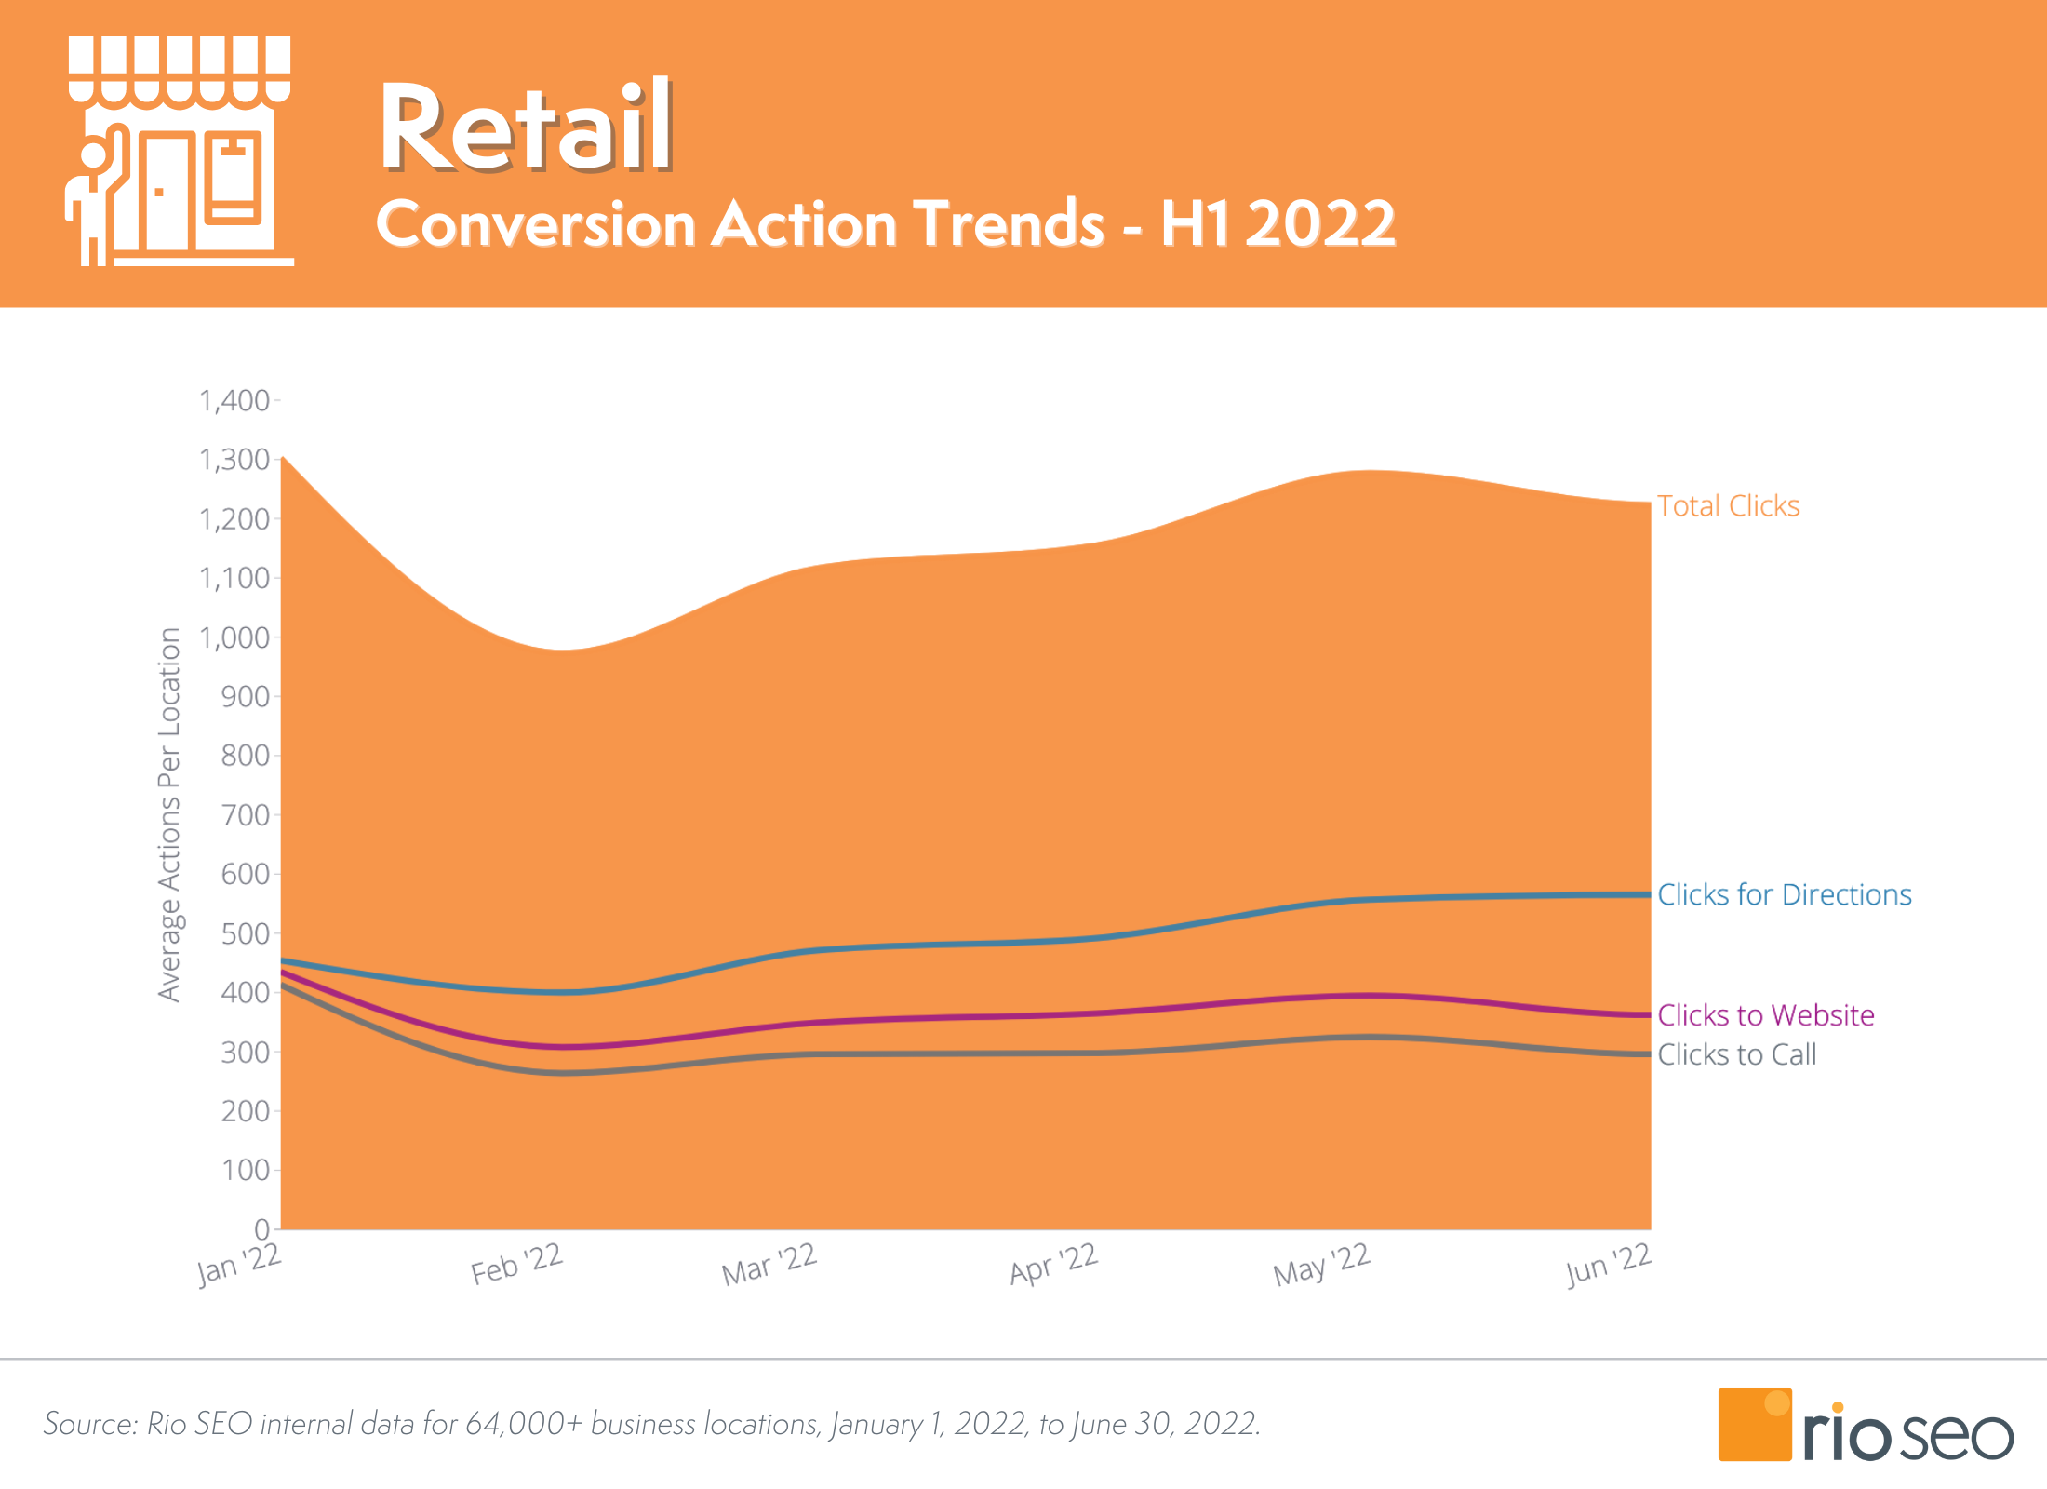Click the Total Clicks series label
coord(1728,506)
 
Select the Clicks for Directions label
coord(1784,895)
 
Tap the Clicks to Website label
coord(1765,1015)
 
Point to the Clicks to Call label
coord(1736,1055)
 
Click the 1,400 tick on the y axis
coord(234,401)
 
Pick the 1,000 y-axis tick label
coord(234,638)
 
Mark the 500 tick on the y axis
coord(245,934)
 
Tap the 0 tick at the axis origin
coord(261,1229)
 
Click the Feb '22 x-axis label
coord(517,1265)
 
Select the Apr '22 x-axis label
coord(1054,1265)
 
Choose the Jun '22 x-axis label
coord(1608,1265)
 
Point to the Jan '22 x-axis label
coord(239,1265)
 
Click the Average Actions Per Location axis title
coord(168,814)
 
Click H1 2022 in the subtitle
coord(1278,224)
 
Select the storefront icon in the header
coord(180,152)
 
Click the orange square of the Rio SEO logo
coord(1754,1424)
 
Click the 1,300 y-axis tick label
coord(234,460)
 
